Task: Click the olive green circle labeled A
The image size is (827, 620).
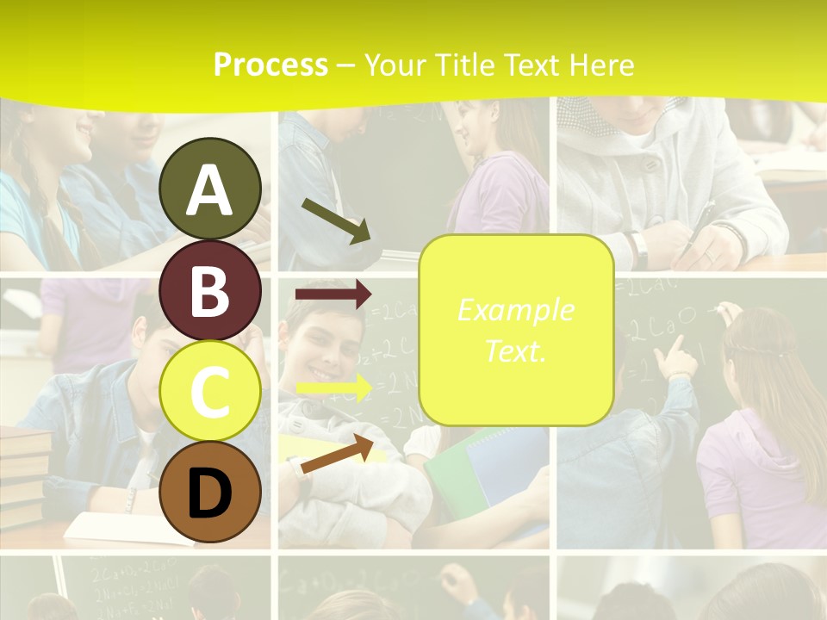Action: tap(210, 189)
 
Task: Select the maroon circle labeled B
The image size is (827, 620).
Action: tap(210, 290)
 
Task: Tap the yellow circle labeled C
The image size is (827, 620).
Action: tap(210, 391)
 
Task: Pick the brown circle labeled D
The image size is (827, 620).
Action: tap(210, 492)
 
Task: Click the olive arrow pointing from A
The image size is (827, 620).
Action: tap(336, 220)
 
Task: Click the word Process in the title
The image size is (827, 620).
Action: tap(270, 65)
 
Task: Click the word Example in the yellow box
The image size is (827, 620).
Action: tap(515, 310)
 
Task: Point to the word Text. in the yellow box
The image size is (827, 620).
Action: tap(515, 350)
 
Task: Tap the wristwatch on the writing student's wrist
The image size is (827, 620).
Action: tap(639, 250)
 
